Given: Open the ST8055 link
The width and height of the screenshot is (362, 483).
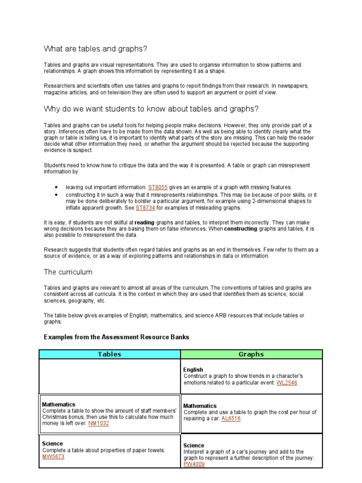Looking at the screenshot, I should (158, 187).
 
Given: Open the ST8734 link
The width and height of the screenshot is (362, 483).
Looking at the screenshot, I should (145, 208).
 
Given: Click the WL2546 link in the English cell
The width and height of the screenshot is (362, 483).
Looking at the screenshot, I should (287, 383).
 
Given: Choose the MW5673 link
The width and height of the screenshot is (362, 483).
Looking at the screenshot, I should (53, 457).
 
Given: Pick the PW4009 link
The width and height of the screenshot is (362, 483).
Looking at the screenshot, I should (194, 464).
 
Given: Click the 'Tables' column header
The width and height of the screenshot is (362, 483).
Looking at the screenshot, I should (109, 354).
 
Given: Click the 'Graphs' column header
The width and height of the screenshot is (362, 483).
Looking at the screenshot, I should (251, 354).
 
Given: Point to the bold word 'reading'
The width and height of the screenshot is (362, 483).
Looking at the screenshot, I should (144, 222).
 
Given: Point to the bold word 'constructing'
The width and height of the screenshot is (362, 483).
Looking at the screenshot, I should (240, 228).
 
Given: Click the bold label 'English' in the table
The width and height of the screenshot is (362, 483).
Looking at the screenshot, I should (193, 370).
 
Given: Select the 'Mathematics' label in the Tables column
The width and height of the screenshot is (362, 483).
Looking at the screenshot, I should (58, 404).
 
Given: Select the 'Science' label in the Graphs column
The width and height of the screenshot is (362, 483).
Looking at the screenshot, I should (194, 445).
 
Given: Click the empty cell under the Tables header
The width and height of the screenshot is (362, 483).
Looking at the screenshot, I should (109, 376).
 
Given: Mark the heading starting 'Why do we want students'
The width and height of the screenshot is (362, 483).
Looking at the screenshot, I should (151, 109).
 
